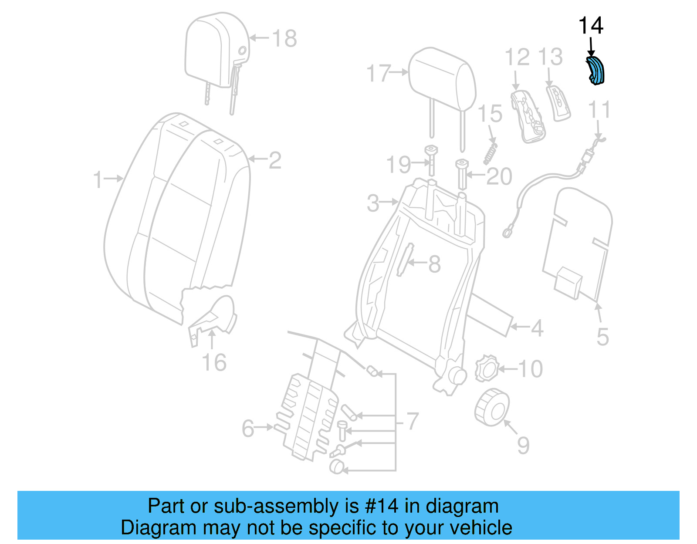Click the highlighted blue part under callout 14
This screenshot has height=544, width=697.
click(595, 71)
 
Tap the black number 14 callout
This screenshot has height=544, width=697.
click(590, 26)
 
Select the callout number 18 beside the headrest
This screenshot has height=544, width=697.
click(284, 39)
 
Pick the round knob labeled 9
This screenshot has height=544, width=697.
click(492, 407)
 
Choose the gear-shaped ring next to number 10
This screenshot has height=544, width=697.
click(486, 368)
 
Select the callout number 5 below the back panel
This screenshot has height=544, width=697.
click(602, 336)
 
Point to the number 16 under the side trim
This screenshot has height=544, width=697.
click(214, 362)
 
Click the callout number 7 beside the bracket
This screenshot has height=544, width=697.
click(412, 421)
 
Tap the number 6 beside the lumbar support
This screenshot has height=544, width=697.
click(248, 428)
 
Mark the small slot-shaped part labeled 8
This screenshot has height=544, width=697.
click(405, 260)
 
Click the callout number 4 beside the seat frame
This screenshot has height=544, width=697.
click(537, 328)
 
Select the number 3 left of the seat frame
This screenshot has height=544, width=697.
click(373, 203)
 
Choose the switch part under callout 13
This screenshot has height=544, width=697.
click(558, 103)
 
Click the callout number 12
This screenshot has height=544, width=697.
click(517, 57)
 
